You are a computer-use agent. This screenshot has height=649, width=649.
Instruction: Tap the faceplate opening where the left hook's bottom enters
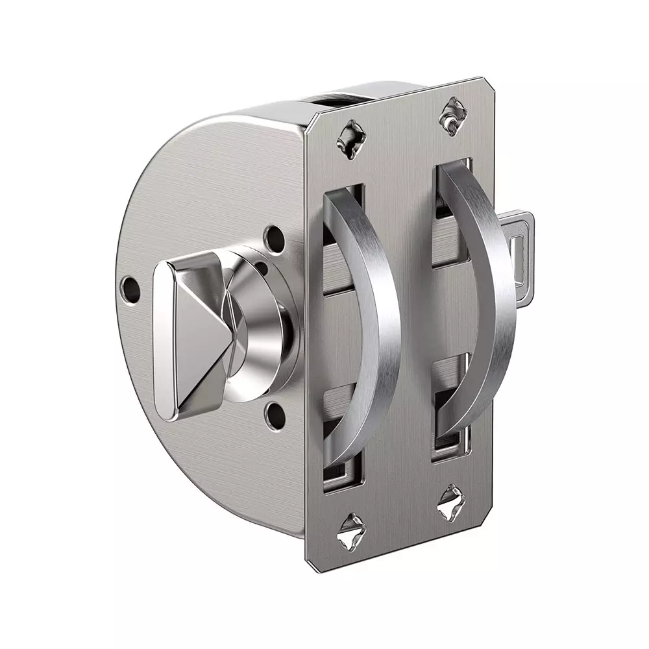(x=341, y=467)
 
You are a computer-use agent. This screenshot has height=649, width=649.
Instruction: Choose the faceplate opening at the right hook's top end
(x=449, y=175)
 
